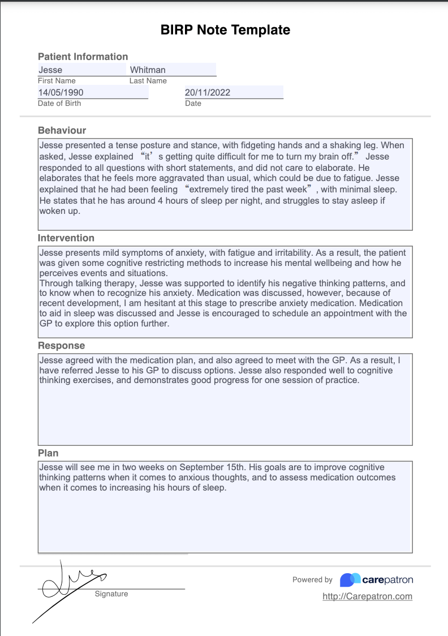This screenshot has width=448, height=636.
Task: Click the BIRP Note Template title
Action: click(225, 31)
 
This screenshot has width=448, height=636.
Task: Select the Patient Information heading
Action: click(83, 57)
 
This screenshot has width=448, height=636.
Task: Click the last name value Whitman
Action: click(148, 70)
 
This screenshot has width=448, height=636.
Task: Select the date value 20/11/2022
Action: click(208, 93)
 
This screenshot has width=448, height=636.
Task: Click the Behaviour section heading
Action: click(62, 131)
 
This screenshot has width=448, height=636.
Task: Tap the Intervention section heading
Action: click(66, 238)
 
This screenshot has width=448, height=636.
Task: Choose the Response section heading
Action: click(61, 346)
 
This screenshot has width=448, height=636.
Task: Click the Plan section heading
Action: click(48, 453)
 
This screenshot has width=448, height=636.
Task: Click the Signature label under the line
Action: click(111, 594)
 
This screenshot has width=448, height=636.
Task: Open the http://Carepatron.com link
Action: click(367, 596)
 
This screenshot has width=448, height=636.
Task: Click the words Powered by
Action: click(312, 580)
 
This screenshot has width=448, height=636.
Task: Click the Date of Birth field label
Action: click(59, 104)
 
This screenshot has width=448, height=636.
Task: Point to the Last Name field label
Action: click(148, 81)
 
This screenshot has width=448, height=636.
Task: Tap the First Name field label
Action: click(57, 81)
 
